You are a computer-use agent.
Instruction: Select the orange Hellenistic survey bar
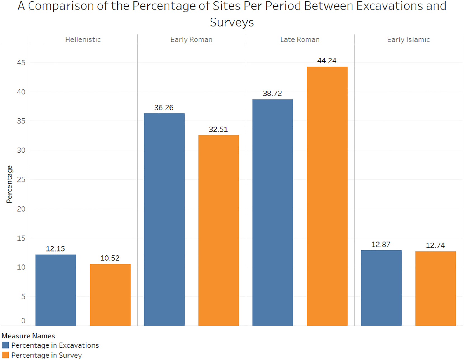point(110,295)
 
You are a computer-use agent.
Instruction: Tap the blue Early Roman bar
point(164,219)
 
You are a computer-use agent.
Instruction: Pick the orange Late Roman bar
point(327,196)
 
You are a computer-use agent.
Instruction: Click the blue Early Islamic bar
point(381,288)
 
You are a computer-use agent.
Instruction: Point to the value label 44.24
point(327,61)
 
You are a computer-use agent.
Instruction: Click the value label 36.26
point(164,108)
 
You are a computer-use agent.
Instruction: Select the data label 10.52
point(110,258)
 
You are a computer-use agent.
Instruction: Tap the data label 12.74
point(435,245)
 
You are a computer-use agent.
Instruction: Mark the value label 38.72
point(272,93)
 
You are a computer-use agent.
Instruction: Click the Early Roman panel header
point(192,39)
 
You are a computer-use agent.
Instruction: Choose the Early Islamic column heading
point(408,39)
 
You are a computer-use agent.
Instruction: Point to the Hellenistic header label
point(83,39)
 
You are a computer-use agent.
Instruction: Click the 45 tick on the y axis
point(21,63)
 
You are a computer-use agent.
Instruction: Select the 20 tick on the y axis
point(21,209)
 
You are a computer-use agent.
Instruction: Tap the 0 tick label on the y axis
point(23,321)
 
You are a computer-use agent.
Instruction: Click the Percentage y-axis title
point(9,184)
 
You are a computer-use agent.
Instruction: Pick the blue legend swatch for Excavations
point(5,345)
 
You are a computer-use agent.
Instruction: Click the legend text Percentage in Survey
point(46,355)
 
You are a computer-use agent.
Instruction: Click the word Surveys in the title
point(232,22)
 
